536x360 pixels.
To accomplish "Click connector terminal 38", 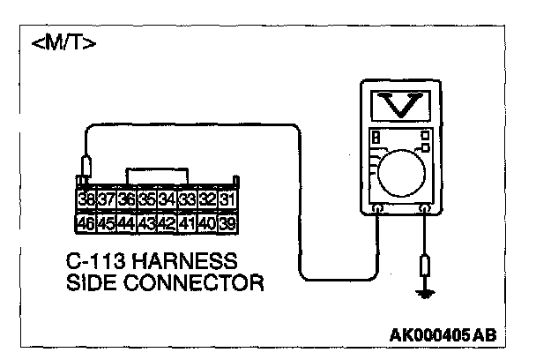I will (86, 200).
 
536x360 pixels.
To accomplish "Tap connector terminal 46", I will (86, 222).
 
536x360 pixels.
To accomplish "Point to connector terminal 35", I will (146, 200).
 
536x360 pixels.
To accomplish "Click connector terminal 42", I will (167, 222).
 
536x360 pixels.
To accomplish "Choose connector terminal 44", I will (126, 222).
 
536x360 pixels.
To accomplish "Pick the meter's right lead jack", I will (425, 209).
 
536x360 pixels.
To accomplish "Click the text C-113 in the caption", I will (94, 262).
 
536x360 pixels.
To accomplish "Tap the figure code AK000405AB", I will (442, 335).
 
